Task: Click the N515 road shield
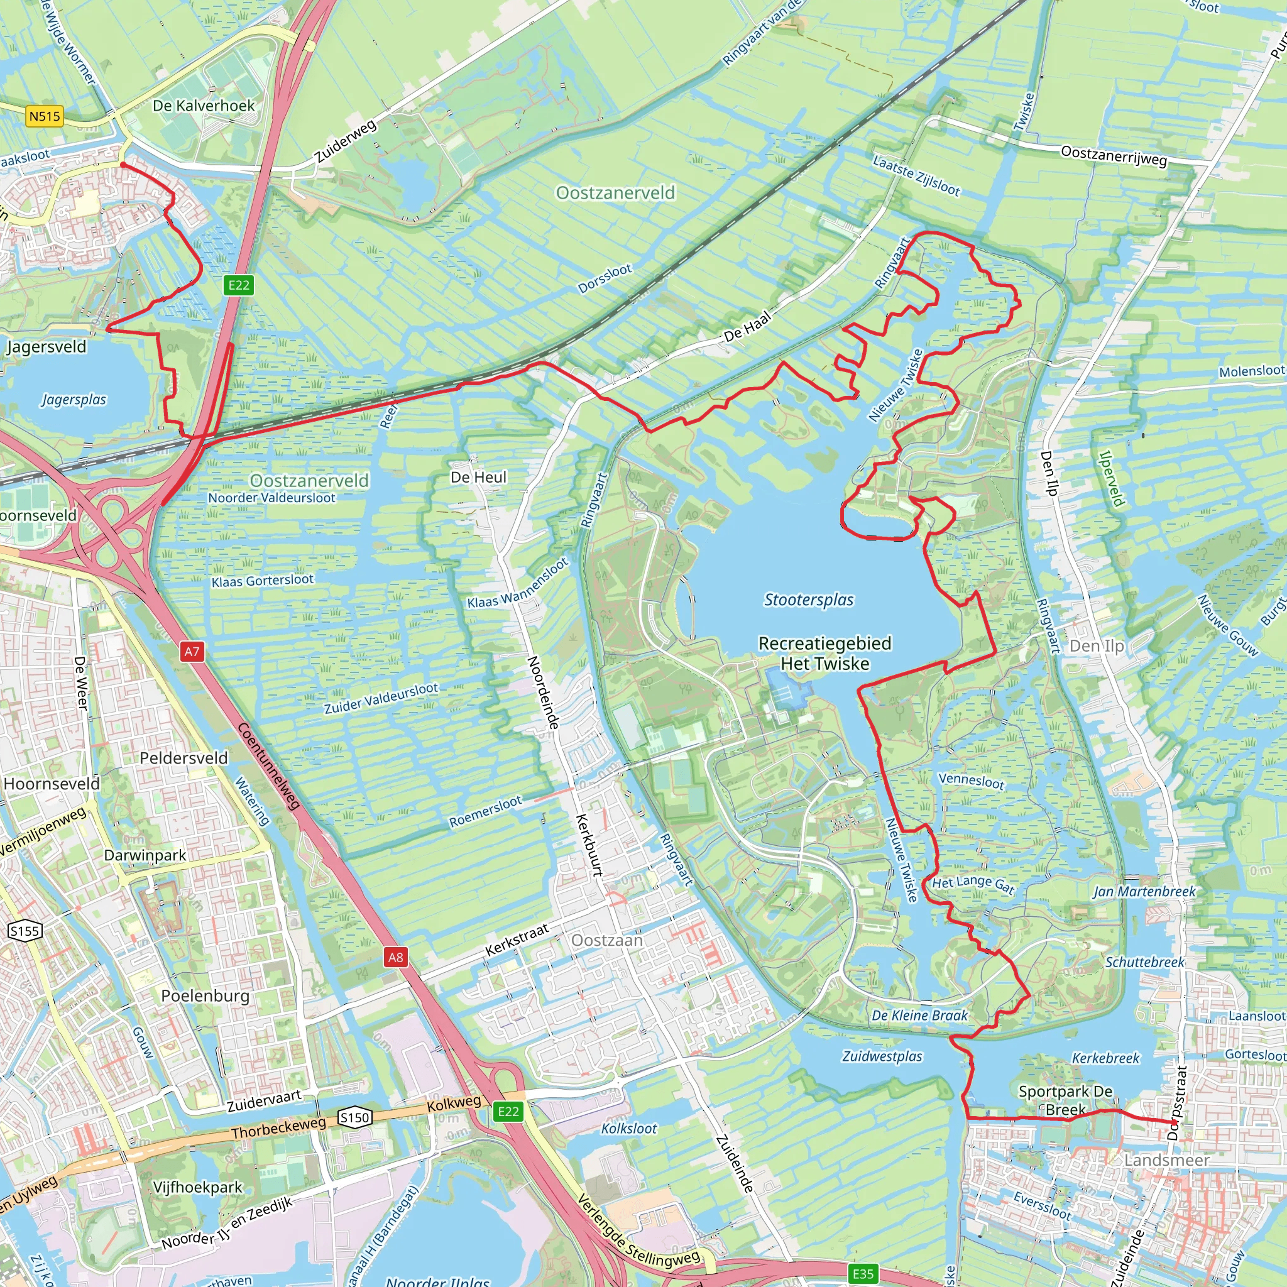(x=45, y=117)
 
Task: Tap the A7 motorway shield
(x=192, y=652)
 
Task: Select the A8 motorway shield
(x=395, y=957)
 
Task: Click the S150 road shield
(x=354, y=1117)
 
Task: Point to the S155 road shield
(x=25, y=931)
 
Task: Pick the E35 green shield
(x=863, y=1274)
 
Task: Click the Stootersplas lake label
(x=808, y=600)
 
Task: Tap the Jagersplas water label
(x=74, y=400)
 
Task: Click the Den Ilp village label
(x=1097, y=645)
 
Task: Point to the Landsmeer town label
(x=1166, y=1160)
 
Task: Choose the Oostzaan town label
(x=607, y=940)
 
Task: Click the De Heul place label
(x=478, y=477)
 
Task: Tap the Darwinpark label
(x=145, y=855)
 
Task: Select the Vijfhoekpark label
(x=198, y=1187)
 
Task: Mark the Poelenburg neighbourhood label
(x=205, y=995)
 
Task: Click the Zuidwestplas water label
(x=882, y=1056)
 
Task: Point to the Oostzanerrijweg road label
(x=1114, y=155)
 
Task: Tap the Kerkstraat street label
(x=517, y=939)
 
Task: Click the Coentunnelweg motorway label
(x=268, y=766)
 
